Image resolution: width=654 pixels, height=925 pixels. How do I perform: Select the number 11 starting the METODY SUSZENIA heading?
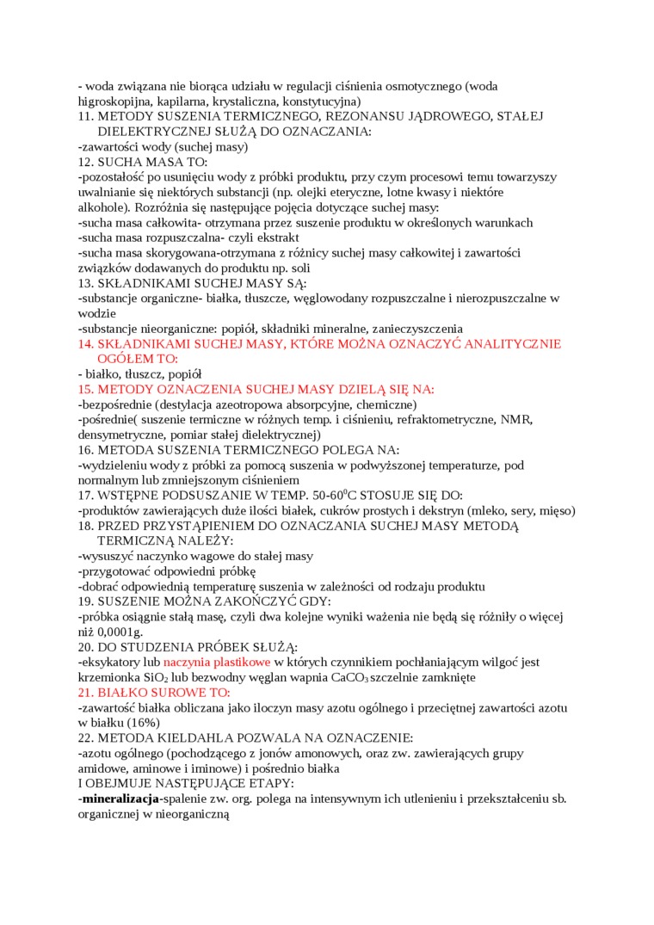point(84,116)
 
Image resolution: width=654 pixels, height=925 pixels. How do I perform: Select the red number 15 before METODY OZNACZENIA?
point(84,390)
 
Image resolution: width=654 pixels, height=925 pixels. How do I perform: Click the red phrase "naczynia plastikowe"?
point(217,663)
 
